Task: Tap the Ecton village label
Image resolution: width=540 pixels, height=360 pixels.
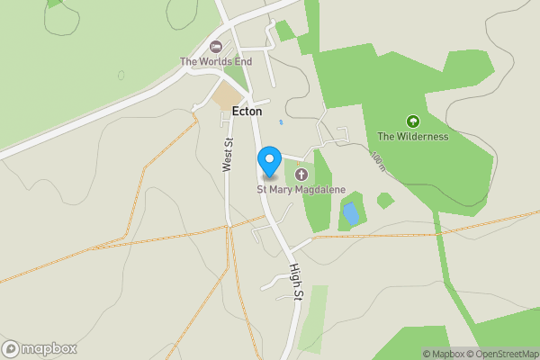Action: (x=246, y=112)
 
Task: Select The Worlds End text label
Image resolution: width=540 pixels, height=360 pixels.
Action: (x=215, y=61)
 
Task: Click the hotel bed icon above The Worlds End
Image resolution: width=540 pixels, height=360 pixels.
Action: (x=215, y=47)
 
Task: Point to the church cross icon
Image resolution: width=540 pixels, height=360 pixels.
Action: (x=301, y=174)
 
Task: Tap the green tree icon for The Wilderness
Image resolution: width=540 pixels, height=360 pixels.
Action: (x=413, y=121)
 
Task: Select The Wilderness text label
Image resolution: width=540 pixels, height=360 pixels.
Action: (x=413, y=137)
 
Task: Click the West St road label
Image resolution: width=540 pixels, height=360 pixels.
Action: (x=228, y=154)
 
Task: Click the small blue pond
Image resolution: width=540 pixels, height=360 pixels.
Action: (x=350, y=213)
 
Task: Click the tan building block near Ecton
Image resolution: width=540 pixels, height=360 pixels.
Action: (x=229, y=96)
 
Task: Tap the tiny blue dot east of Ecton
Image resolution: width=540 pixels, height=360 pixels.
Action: (x=281, y=121)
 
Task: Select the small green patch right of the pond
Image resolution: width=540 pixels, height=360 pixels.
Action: (x=385, y=200)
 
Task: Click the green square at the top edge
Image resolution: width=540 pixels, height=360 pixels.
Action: (x=284, y=31)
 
